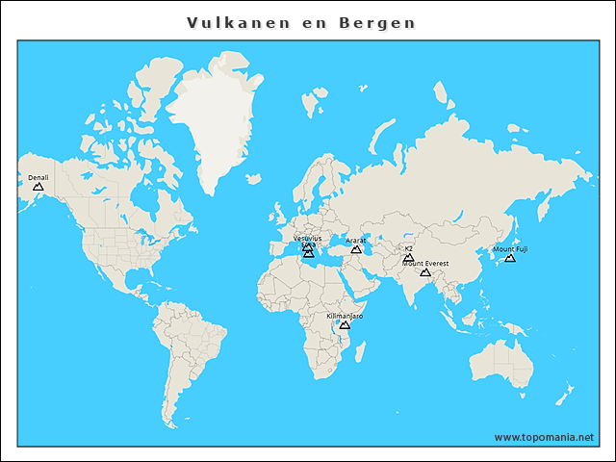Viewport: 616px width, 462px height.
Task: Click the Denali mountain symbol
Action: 38,187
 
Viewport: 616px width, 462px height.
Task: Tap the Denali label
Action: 38,177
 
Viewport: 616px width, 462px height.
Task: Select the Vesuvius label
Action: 308,238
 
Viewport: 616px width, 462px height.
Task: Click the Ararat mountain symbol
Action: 355,250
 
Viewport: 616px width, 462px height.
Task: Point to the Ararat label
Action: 355,241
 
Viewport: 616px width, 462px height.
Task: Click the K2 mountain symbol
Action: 408,257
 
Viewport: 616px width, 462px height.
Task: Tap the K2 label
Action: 408,248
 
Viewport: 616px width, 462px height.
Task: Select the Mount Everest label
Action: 425,263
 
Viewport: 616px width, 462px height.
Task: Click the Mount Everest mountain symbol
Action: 425,273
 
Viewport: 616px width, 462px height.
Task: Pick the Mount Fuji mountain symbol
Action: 510,258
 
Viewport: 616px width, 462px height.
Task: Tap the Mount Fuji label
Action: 510,249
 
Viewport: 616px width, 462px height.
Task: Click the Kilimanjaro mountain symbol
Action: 345,325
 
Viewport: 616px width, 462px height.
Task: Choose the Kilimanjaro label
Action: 345,316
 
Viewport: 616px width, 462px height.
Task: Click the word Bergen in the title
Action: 377,22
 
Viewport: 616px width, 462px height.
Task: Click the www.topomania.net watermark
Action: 544,437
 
